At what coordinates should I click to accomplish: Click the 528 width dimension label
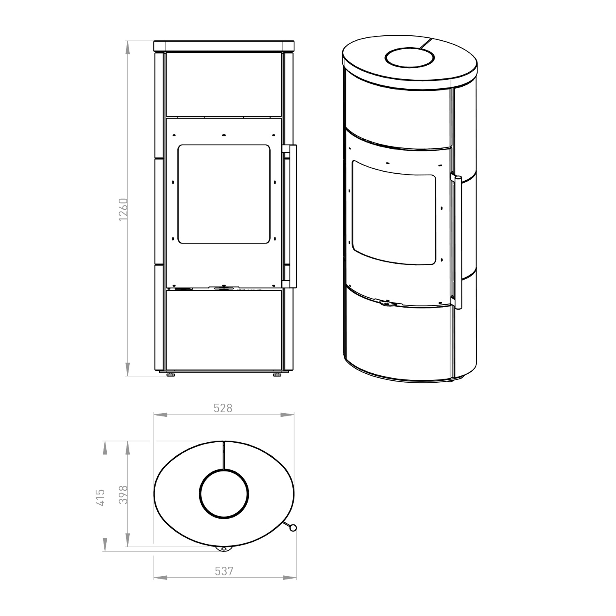coord(223,408)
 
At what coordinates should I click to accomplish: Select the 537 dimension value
coord(224,571)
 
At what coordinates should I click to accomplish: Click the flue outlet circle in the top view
coord(224,492)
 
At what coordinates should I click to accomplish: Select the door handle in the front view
coord(290,216)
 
